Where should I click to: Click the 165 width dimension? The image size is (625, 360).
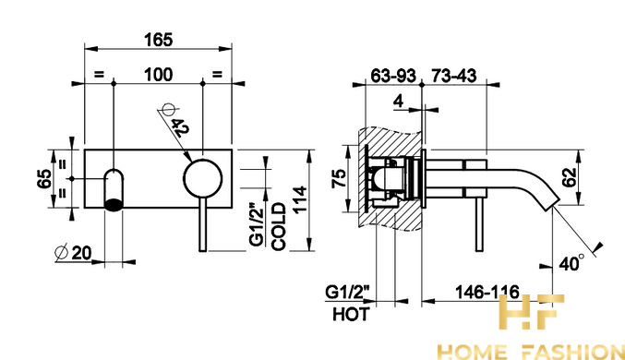pyautogui.click(x=159, y=40)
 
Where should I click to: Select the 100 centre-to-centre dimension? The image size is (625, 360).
pyautogui.click(x=158, y=75)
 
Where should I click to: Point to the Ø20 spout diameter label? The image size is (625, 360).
pyautogui.click(x=73, y=253)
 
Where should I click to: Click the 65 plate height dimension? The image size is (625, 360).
pyautogui.click(x=44, y=178)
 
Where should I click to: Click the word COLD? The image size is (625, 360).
pyautogui.click(x=279, y=227)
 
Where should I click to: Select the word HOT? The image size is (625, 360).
pyautogui.click(x=351, y=315)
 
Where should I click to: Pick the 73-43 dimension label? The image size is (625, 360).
pyautogui.click(x=453, y=76)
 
